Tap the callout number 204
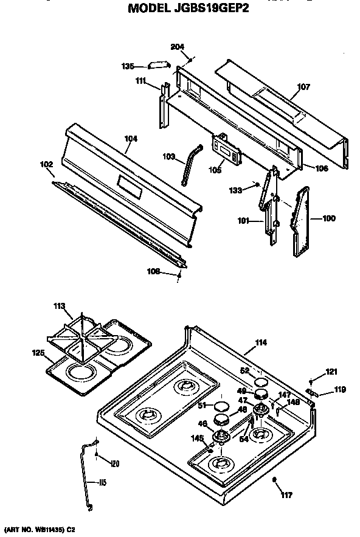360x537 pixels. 178,47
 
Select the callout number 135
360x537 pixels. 128,66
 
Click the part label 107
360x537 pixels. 303,87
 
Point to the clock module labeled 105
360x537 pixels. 225,149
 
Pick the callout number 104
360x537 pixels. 131,139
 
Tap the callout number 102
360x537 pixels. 47,164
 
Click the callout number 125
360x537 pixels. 38,352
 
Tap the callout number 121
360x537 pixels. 331,371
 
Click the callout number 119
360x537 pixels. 339,389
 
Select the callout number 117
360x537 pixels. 286,496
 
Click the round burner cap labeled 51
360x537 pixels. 222,406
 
